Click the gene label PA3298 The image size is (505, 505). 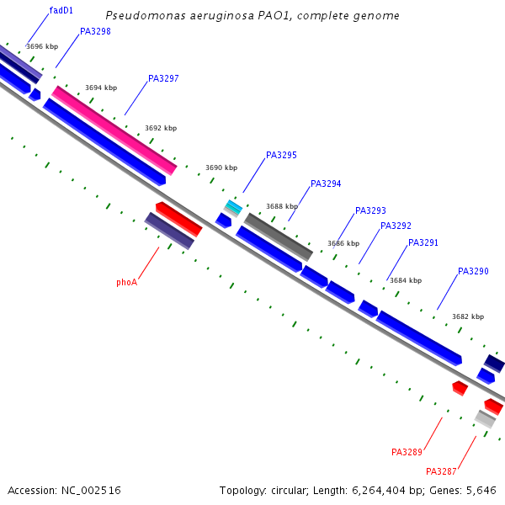(95, 31)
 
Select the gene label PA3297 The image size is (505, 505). (163, 78)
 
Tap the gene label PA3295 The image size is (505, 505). (281, 155)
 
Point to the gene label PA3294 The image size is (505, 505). (326, 183)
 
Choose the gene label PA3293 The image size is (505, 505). (370, 210)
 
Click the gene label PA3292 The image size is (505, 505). (396, 226)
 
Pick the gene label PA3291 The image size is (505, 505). (423, 242)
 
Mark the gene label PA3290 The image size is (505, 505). (473, 271)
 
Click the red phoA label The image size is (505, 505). (126, 283)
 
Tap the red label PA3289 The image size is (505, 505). (407, 452)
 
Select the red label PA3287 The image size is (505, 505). (441, 471)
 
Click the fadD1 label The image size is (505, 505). (61, 10)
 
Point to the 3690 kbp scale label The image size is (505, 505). (221, 168)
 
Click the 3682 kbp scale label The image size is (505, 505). (468, 316)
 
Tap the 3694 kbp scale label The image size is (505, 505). (101, 88)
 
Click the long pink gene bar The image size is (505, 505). (114, 130)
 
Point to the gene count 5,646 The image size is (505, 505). (479, 490)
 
